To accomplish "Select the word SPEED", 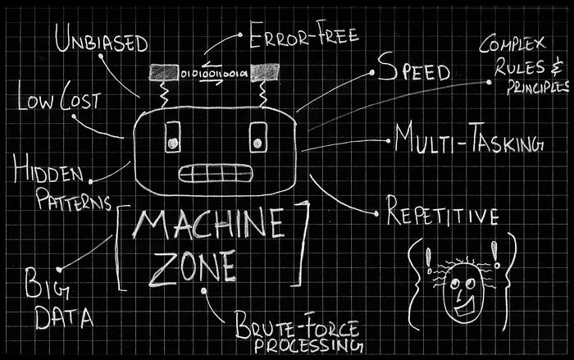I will point(413,71).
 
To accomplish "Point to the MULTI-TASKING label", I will point(468,140).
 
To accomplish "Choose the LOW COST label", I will point(58,101).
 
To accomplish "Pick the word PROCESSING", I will point(307,345).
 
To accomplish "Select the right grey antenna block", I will point(265,73).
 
